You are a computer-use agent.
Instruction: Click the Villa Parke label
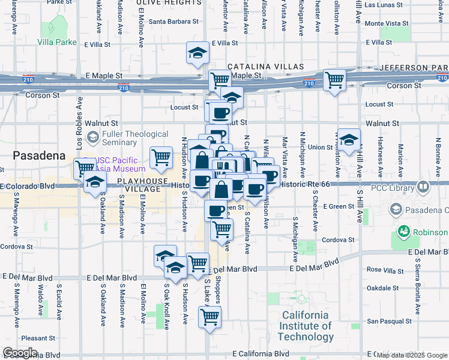[x=57, y=43]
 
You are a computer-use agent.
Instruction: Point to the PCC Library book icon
[x=423, y=188]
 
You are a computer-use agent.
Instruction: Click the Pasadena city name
[x=38, y=155]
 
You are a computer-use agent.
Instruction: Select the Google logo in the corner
[x=19, y=353]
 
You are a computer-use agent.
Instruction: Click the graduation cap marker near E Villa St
[x=197, y=53]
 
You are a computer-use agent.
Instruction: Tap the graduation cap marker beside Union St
[x=348, y=140]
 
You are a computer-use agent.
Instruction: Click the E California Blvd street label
[x=264, y=354]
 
